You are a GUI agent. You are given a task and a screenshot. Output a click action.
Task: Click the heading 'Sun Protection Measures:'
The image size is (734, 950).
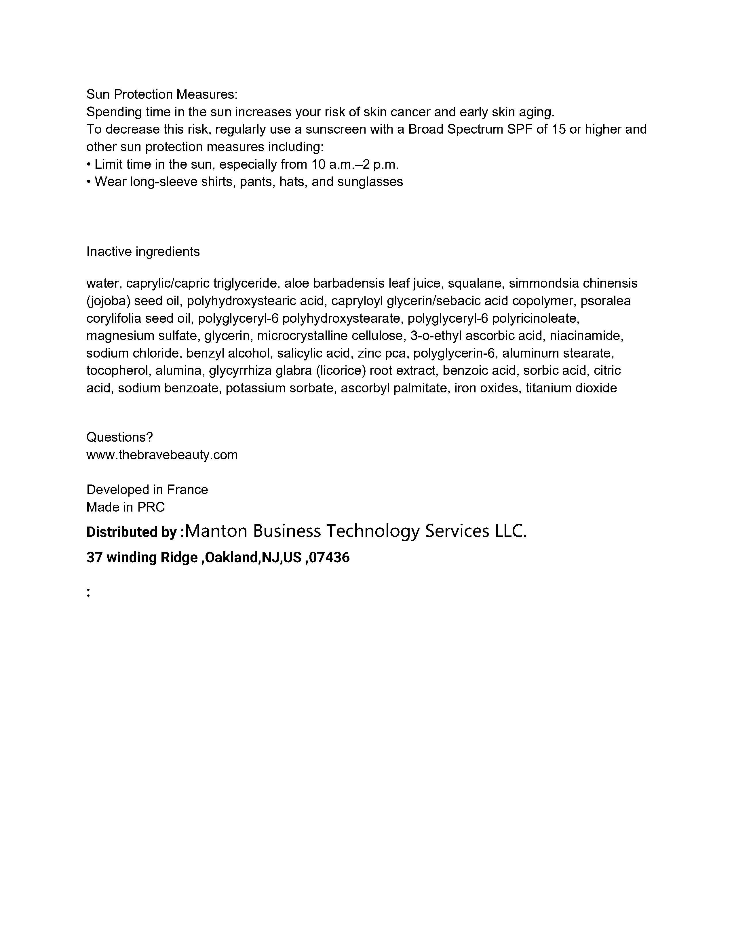pyautogui.click(x=162, y=94)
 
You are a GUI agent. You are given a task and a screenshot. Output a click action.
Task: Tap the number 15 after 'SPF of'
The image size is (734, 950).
pyautogui.click(x=558, y=130)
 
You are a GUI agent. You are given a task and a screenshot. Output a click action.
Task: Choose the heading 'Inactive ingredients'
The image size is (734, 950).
pyautogui.click(x=143, y=251)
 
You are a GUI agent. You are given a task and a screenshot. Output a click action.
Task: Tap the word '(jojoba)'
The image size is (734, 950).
pyautogui.click(x=108, y=301)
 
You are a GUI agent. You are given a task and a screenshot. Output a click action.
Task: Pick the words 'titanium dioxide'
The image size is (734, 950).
pyautogui.click(x=571, y=388)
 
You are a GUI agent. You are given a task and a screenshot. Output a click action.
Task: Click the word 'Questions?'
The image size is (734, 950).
pyautogui.click(x=119, y=437)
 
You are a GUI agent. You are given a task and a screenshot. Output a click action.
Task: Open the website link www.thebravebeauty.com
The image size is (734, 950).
pyautogui.click(x=162, y=455)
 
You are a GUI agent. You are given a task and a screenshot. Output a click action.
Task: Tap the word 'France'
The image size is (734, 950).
pyautogui.click(x=187, y=490)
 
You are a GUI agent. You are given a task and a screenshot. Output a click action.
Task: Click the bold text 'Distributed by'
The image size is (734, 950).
pyautogui.click(x=131, y=532)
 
